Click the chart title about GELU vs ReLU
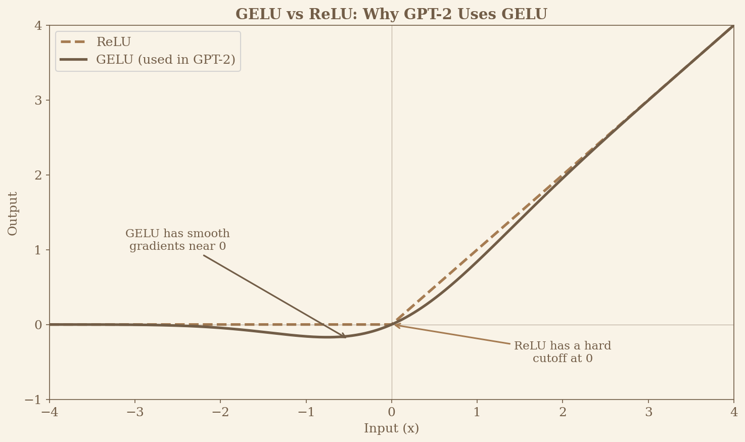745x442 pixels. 391,14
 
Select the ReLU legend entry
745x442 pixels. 113,42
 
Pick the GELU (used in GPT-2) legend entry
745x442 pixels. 165,60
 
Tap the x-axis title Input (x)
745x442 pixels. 391,429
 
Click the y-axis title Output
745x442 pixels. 13,213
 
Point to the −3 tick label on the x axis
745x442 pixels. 134,413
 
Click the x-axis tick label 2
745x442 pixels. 563,413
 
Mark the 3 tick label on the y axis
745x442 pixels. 38,100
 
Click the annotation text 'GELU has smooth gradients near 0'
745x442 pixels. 177,240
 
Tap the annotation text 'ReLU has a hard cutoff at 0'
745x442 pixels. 562,352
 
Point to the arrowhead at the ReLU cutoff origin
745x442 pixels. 395,325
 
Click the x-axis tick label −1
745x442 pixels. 306,413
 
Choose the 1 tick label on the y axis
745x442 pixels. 38,250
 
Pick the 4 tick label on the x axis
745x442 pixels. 733,413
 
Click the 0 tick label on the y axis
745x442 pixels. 38,325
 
